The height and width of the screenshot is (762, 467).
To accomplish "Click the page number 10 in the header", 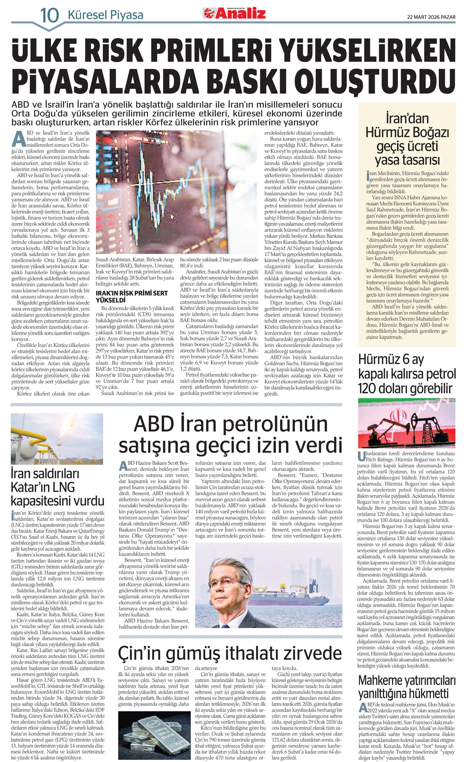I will [49, 15].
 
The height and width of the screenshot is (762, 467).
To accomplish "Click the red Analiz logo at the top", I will [235, 14].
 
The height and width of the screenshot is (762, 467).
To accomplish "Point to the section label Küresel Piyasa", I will [105, 15].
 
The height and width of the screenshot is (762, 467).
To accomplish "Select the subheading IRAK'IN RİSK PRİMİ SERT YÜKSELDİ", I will [131, 296].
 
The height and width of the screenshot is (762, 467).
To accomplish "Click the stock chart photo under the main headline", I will [177, 192].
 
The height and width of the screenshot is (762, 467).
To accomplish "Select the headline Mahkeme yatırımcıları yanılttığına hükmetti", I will [407, 687].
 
